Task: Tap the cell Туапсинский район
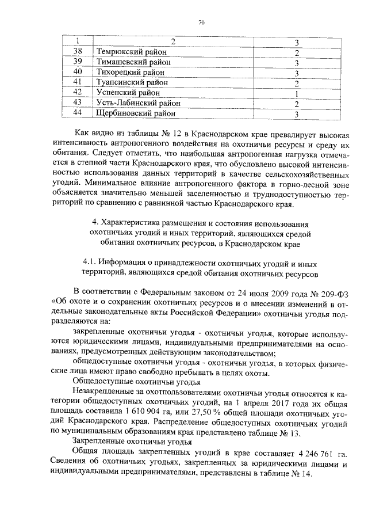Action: [x=132, y=83]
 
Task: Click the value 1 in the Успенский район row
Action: [x=295, y=93]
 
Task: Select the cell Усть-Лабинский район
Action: [x=138, y=104]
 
